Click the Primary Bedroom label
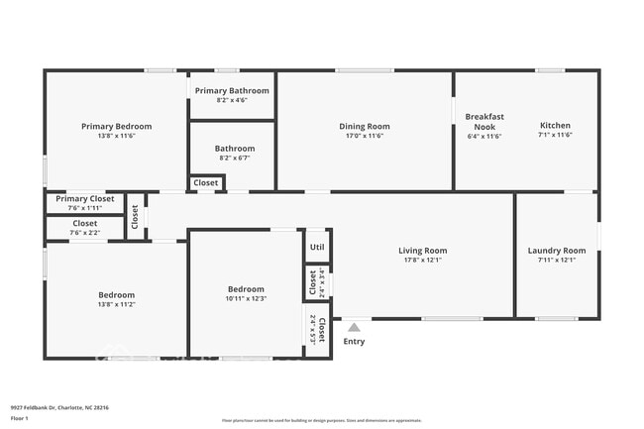[x=116, y=126]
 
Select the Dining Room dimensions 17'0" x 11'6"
[x=365, y=136]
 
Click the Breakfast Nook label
[x=484, y=121]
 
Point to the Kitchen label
[x=555, y=126]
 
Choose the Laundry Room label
[x=556, y=251]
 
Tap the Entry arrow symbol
[x=354, y=327]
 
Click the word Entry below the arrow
[x=354, y=342]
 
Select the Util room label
[x=317, y=248]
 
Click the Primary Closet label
[x=84, y=198]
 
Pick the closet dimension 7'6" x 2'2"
[x=85, y=233]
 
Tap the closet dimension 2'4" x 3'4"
[x=321, y=282]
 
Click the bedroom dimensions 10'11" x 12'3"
[x=247, y=298]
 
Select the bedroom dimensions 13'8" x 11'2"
[x=116, y=304]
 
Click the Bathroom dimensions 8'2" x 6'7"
[x=235, y=158]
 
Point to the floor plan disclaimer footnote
[x=322, y=420]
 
